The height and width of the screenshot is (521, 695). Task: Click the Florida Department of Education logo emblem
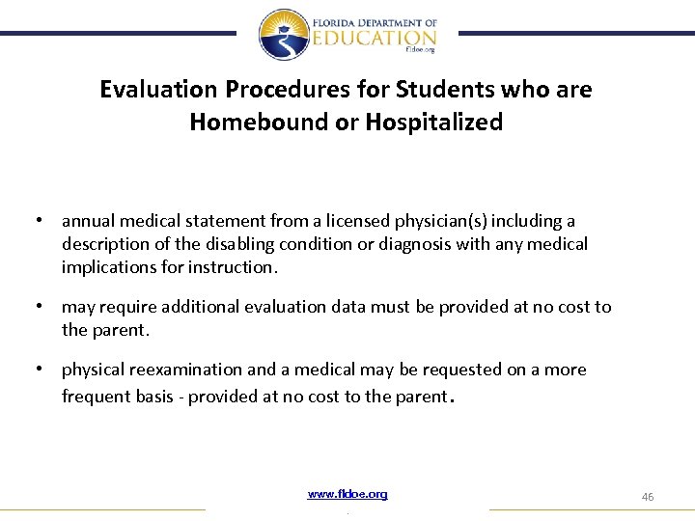[284, 35]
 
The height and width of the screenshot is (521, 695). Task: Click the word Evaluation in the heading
[158, 90]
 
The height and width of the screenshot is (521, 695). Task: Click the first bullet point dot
[38, 221]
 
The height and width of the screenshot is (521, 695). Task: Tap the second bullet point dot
[38, 307]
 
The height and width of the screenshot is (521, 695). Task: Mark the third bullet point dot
[38, 370]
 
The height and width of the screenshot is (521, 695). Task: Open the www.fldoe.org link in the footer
[347, 494]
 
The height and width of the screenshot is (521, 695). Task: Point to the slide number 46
[648, 496]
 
